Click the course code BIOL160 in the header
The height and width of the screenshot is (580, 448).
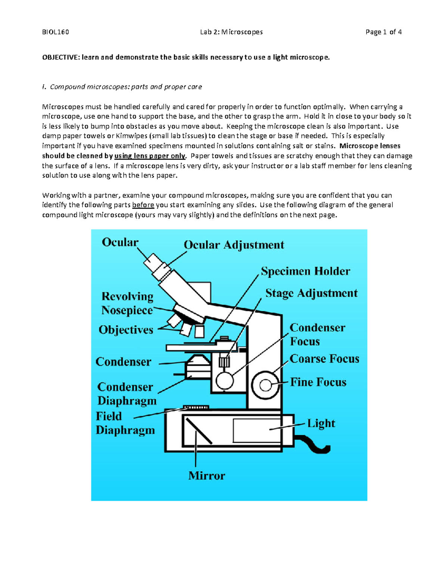pyautogui.click(x=55, y=32)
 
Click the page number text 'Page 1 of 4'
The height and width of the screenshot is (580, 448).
pyautogui.click(x=383, y=32)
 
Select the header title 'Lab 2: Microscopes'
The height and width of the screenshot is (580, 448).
pyautogui.click(x=231, y=32)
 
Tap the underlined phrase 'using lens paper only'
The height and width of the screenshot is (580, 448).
pyautogui.click(x=150, y=156)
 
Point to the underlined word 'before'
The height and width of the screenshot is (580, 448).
pyautogui.click(x=143, y=205)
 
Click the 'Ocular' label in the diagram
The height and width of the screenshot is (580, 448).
pyautogui.click(x=120, y=242)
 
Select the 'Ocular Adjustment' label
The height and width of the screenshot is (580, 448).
pyautogui.click(x=234, y=245)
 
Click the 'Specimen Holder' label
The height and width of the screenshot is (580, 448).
pyautogui.click(x=305, y=271)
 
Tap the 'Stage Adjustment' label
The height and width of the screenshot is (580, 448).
pyautogui.click(x=311, y=293)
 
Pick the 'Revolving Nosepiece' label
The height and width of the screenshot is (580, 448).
pyautogui.click(x=127, y=303)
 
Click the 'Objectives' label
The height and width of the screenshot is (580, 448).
pyautogui.click(x=126, y=330)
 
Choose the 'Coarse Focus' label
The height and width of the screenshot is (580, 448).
pyautogui.click(x=324, y=359)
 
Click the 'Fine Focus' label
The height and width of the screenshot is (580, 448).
pyautogui.click(x=318, y=382)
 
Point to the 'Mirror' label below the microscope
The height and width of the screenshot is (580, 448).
pyautogui.click(x=206, y=476)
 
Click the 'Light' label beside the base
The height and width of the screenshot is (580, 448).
pyautogui.click(x=321, y=424)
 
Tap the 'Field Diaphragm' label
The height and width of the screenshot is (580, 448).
pyautogui.click(x=125, y=423)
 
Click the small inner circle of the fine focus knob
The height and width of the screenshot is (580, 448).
pyautogui.click(x=265, y=385)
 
